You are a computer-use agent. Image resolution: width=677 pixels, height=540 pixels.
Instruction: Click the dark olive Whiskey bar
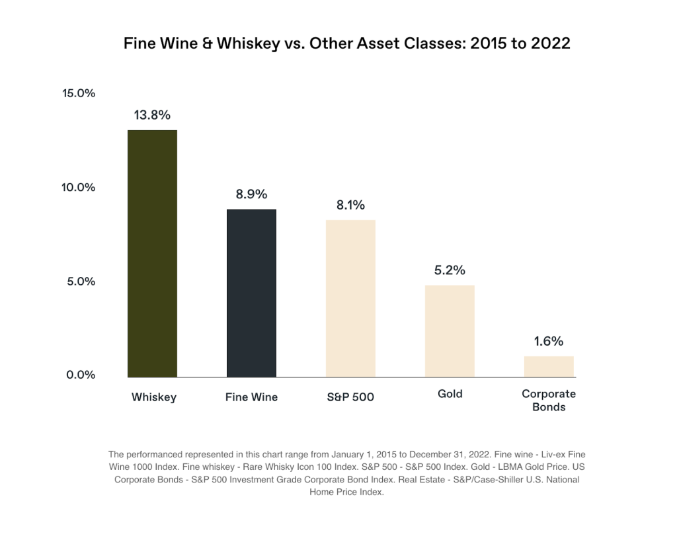point(152,253)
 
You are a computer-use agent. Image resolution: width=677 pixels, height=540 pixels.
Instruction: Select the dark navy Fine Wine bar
point(251,293)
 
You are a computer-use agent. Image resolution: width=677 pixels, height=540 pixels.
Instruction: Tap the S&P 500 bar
point(350,298)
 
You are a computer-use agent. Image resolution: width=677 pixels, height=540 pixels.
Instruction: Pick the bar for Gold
point(450,330)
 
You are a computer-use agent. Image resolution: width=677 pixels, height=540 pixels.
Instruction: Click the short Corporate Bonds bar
point(549,366)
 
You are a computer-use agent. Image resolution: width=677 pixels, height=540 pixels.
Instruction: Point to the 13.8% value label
point(152,115)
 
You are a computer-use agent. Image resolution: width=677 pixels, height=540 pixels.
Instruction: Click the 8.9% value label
point(251,194)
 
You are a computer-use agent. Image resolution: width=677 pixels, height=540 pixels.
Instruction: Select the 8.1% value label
point(350,205)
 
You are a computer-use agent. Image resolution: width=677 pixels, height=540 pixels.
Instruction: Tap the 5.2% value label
point(450,270)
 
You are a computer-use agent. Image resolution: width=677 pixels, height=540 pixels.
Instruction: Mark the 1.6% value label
point(549,341)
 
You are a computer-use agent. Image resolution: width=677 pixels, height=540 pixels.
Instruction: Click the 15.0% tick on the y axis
point(79,93)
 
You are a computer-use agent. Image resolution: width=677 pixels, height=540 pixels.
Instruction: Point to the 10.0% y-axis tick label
point(79,187)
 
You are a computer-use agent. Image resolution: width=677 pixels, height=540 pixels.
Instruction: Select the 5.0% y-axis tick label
point(81,282)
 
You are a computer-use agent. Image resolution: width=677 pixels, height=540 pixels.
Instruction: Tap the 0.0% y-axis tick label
point(81,375)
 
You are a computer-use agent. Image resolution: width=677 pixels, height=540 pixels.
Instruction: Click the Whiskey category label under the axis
point(154,397)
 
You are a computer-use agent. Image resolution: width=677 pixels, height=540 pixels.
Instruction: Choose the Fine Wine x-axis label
point(251,397)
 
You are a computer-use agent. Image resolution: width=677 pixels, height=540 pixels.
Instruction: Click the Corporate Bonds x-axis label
point(549,401)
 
